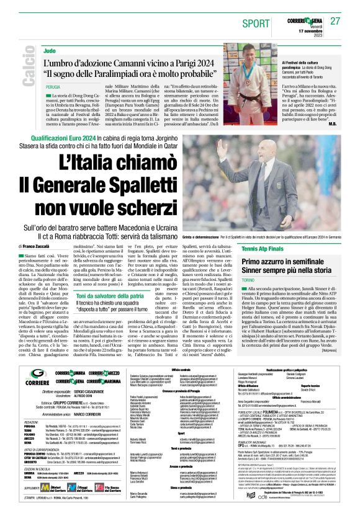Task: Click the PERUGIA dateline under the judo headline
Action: coord(53,87)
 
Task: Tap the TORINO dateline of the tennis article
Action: coord(251,281)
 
